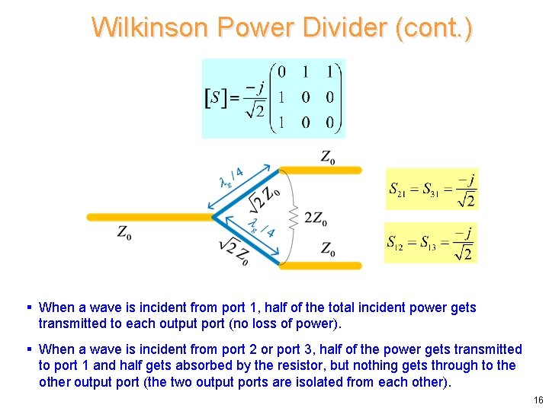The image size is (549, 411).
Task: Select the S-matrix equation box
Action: pos(273,98)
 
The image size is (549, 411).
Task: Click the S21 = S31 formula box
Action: pos(432,189)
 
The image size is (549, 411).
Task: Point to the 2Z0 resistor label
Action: pos(316,219)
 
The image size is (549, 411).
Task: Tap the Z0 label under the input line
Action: pos(124,232)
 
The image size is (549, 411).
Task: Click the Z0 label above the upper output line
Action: pos(328,158)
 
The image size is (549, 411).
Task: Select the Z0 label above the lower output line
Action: pos(328,248)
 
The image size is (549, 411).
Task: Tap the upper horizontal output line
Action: pos(320,170)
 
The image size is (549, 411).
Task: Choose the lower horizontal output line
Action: pos(320,266)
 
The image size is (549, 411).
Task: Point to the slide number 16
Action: pos(538,400)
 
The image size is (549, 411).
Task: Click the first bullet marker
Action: pos(28,307)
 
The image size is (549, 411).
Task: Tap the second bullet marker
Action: pos(28,349)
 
